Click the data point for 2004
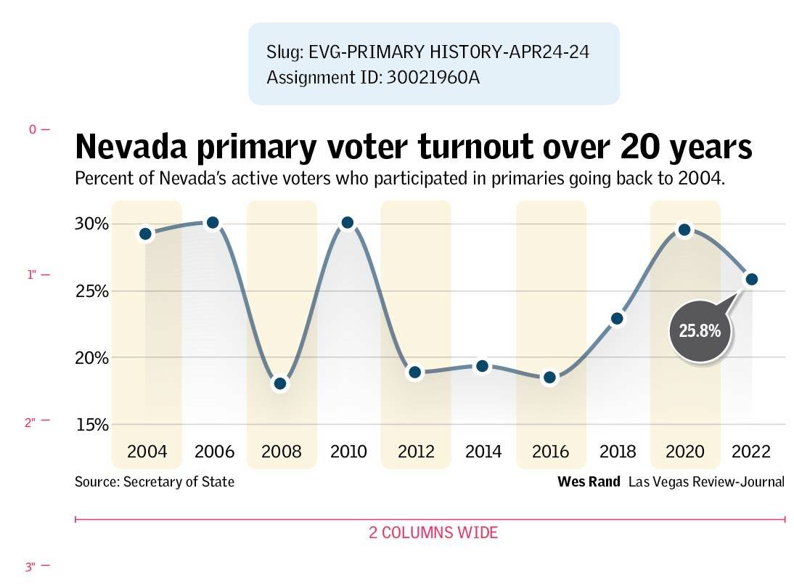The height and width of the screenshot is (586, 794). (146, 234)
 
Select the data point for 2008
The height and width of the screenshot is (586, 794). (281, 383)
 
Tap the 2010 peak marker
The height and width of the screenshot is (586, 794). (348, 222)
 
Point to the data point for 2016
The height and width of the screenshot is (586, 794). (550, 377)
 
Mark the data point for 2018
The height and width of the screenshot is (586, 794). (618, 318)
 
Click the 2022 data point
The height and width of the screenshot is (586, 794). (752, 279)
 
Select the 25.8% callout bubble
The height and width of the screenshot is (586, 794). (700, 331)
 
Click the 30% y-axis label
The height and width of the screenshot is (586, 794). (91, 224)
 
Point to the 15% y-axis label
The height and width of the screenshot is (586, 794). (91, 425)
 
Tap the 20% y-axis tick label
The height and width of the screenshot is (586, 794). (91, 358)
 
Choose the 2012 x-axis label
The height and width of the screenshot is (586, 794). (416, 452)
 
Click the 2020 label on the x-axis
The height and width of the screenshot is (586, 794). (685, 452)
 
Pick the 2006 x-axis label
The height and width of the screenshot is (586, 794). (214, 452)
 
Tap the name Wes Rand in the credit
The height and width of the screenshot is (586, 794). (589, 481)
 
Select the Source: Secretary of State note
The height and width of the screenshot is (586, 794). (155, 481)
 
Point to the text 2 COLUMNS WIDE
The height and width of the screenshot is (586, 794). (433, 533)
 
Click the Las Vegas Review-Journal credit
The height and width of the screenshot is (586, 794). (706, 481)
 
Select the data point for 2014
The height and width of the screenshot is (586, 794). (483, 367)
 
